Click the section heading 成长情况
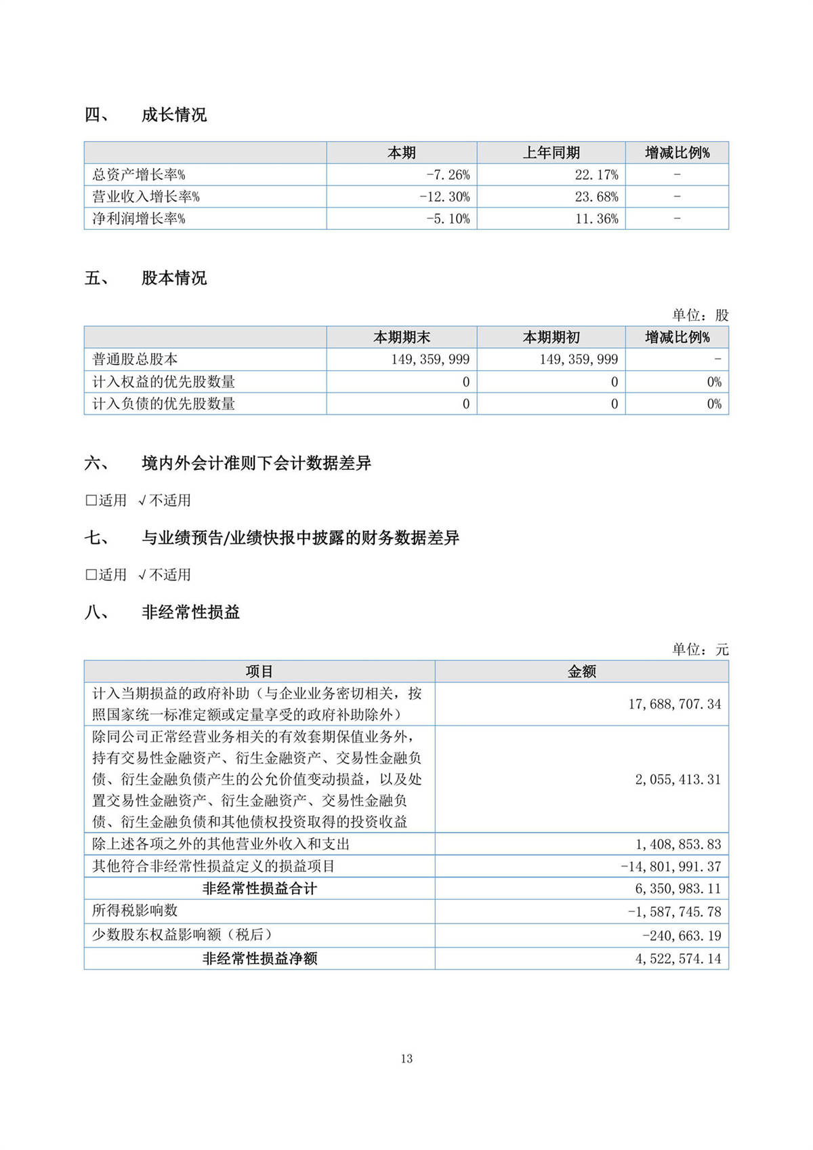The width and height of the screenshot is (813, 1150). click(x=173, y=115)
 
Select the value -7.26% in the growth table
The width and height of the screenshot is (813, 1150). click(x=448, y=175)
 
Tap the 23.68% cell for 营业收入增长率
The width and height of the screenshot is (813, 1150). click(x=596, y=197)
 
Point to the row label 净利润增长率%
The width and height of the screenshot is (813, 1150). click(x=139, y=218)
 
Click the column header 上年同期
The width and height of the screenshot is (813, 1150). click(x=551, y=153)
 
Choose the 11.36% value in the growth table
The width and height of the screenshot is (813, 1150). click(x=596, y=218)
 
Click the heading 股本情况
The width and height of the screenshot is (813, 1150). click(x=173, y=278)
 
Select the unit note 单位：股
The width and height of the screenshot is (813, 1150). click(x=700, y=315)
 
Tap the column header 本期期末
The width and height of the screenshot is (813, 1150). click(x=402, y=337)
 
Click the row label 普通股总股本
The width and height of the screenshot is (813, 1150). click(x=135, y=359)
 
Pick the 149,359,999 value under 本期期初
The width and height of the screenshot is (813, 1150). click(x=579, y=359)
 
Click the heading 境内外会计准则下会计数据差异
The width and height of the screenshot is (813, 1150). click(x=256, y=463)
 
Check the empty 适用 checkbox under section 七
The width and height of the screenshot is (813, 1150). click(x=91, y=575)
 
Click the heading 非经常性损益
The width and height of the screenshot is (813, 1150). click(x=190, y=612)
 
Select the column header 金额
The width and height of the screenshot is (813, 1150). click(x=581, y=671)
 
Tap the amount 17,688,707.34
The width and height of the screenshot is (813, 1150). click(x=674, y=704)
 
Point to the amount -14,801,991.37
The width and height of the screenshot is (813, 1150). click(x=671, y=866)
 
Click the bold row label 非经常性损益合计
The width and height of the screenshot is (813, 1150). click(x=259, y=888)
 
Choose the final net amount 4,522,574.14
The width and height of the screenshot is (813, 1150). click(x=677, y=958)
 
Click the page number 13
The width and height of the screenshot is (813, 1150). click(x=406, y=1058)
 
